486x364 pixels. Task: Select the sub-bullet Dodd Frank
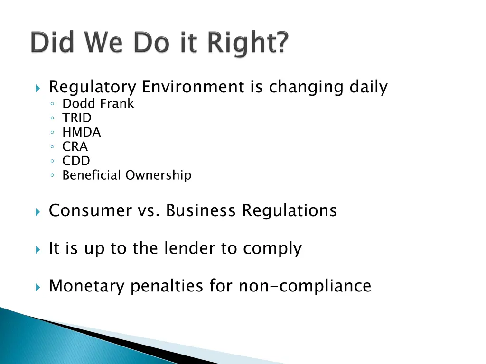98,104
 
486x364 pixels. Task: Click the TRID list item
77,118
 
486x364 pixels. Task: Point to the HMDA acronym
82,132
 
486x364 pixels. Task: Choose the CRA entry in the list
75,147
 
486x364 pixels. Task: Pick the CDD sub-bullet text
76,161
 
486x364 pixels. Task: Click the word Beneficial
92,175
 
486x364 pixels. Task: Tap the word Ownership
159,176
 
